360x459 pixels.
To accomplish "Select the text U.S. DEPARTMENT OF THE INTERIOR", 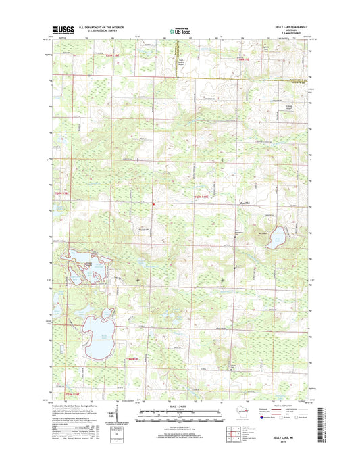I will coord(99,28).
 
